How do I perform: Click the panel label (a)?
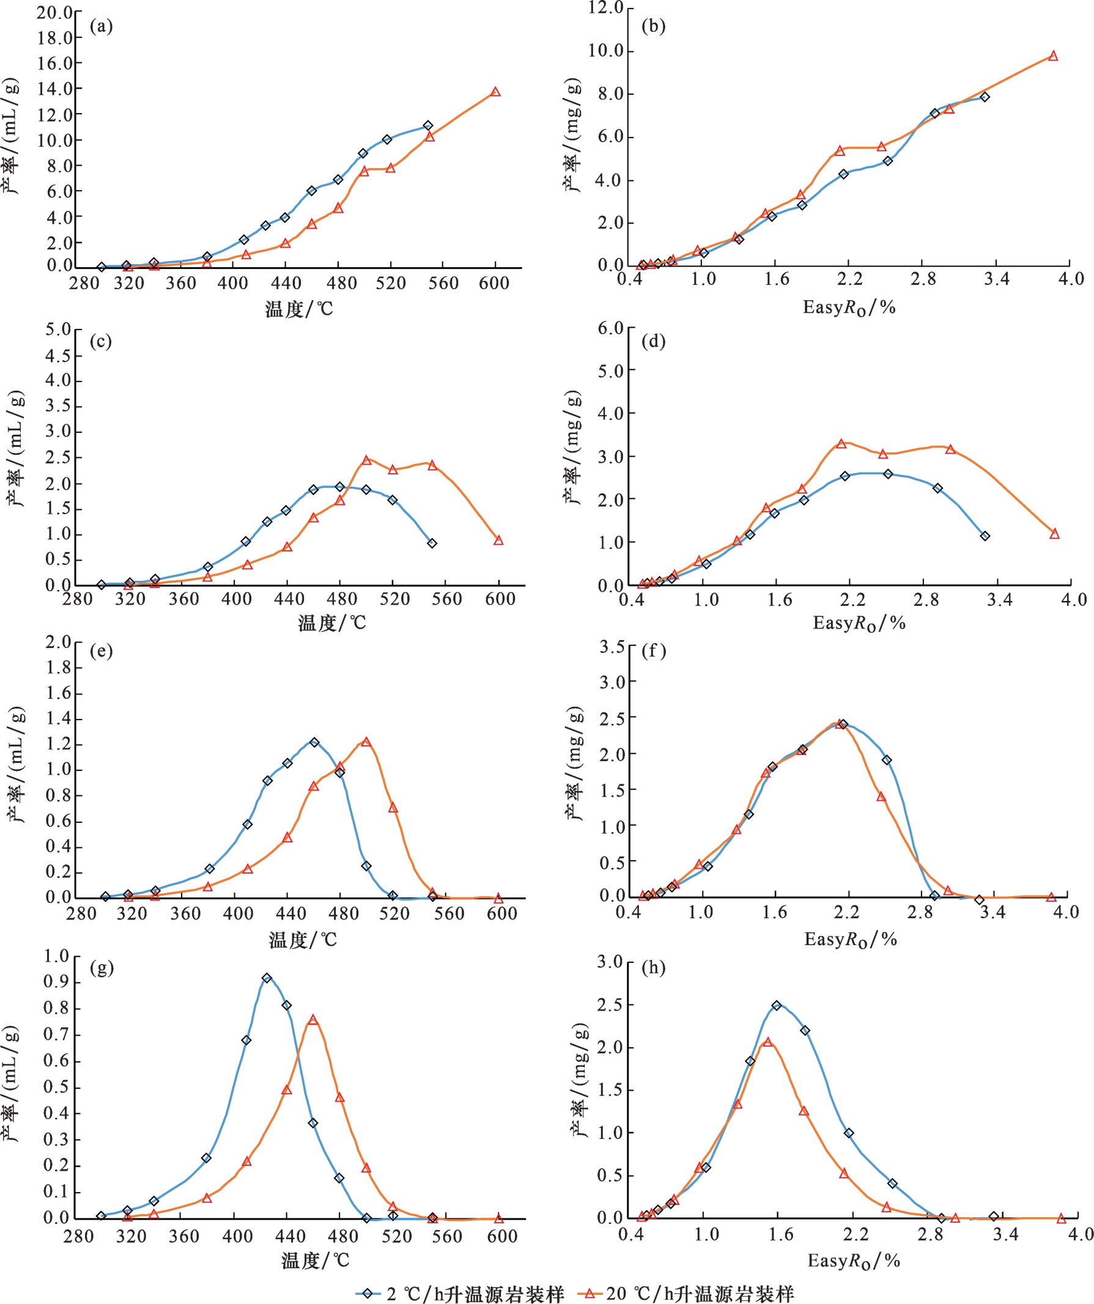(102, 26)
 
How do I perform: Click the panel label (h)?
(654, 967)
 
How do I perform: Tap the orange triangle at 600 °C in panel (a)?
(495, 92)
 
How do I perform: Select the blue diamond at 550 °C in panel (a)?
(428, 125)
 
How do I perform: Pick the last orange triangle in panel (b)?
(1053, 56)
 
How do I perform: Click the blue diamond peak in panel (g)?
(267, 978)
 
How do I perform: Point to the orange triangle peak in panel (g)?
(313, 1020)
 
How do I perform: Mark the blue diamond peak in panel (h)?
(777, 1005)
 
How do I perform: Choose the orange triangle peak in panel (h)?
(768, 1041)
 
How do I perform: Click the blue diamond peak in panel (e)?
(314, 742)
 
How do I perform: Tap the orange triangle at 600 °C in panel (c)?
(498, 540)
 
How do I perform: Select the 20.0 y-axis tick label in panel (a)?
(54, 12)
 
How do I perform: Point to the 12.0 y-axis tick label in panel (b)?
(606, 8)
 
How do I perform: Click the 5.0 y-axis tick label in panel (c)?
(58, 329)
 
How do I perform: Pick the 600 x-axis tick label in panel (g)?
(502, 1236)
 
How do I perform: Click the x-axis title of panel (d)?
(859, 623)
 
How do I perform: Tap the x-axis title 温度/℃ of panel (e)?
(303, 940)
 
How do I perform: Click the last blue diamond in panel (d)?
(985, 536)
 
